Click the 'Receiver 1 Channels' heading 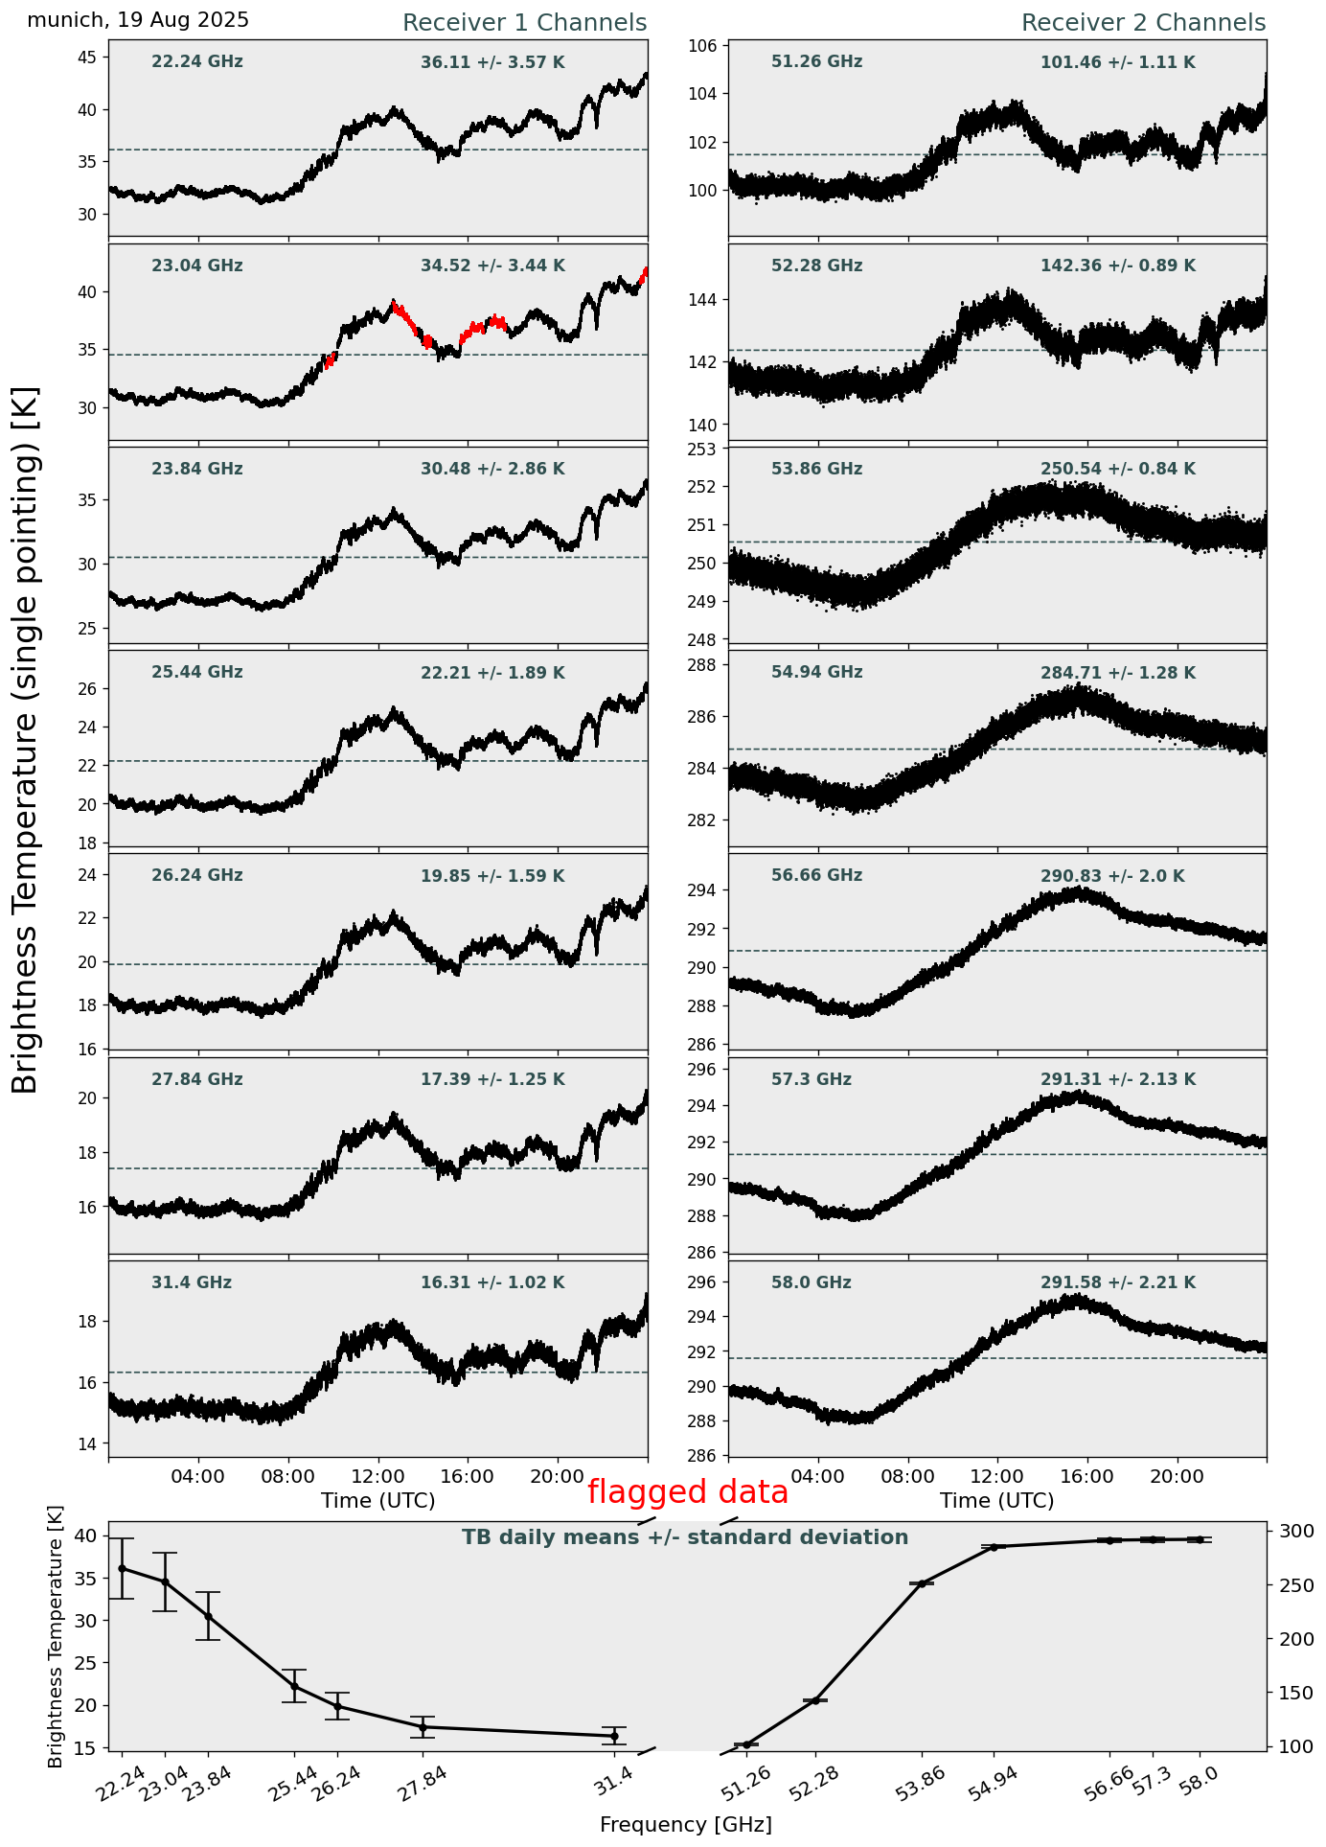524,23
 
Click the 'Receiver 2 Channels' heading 1143,23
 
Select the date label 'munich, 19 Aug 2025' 138,20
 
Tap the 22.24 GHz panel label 197,62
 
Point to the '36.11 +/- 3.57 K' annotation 492,63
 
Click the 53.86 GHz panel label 816,470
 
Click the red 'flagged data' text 688,1492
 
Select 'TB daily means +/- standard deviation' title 685,1538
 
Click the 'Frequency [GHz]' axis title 685,1825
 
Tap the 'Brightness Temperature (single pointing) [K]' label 26,739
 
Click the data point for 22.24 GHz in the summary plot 122,1569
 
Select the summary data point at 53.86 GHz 922,1583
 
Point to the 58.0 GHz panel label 811,1283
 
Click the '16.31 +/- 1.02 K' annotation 492,1283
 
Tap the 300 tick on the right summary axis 1289,1532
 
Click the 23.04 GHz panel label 197,266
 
